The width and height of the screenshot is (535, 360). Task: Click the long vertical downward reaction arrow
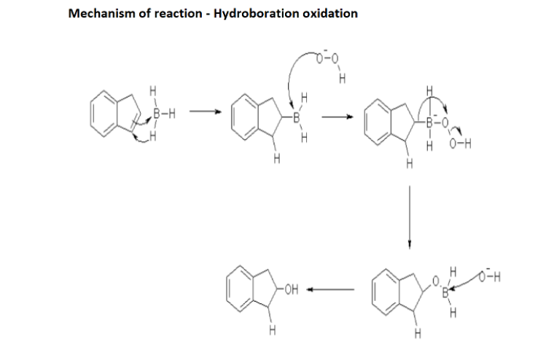click(x=410, y=215)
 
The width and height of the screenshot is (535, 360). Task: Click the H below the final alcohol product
click(x=271, y=332)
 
